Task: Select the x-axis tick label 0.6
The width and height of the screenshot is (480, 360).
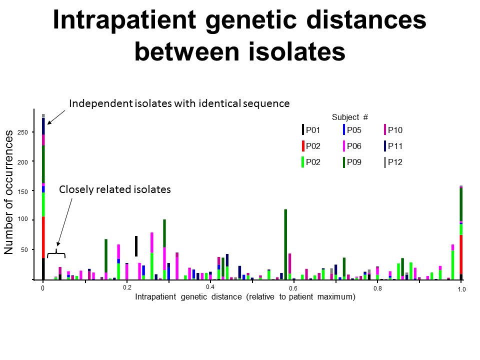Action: point(293,288)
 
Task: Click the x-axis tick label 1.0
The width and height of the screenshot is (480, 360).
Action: point(461,289)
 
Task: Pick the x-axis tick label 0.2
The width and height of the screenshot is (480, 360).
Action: point(127,287)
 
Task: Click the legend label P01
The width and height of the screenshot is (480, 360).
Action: point(313,130)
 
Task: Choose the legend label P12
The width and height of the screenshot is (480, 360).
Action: point(395,162)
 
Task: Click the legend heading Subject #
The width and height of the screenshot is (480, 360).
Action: point(350,117)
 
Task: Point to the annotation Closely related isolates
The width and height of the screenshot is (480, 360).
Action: point(115,189)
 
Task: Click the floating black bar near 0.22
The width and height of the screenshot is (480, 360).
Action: point(136,246)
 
